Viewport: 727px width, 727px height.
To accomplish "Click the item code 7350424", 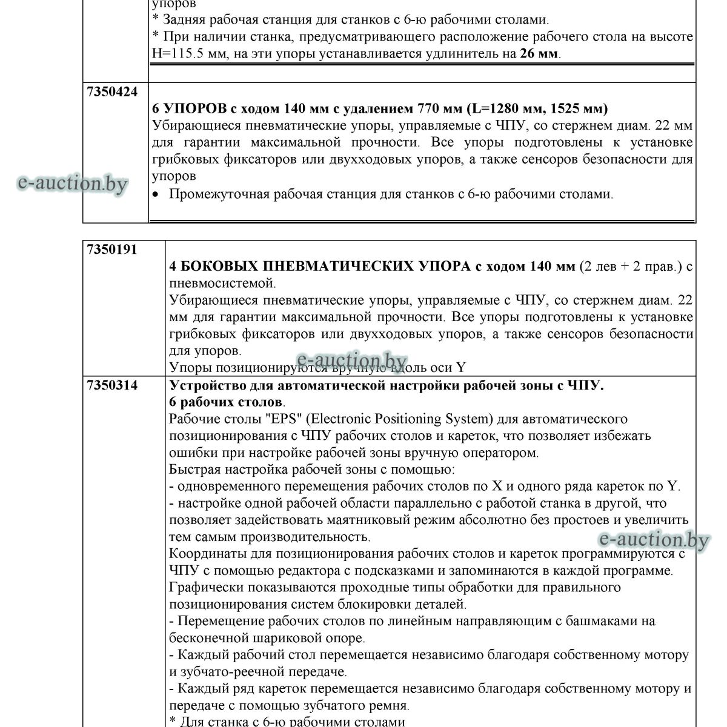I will [x=113, y=91].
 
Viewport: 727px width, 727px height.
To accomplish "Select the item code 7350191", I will [x=113, y=250].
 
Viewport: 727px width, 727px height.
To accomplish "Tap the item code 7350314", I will [x=113, y=385].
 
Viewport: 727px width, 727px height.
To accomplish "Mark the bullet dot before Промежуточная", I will [x=156, y=195].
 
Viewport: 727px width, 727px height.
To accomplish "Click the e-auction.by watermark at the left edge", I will [x=73, y=182].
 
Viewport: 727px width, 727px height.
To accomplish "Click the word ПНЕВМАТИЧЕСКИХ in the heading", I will [x=342, y=267].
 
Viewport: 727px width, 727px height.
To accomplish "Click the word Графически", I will [x=205, y=587].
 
